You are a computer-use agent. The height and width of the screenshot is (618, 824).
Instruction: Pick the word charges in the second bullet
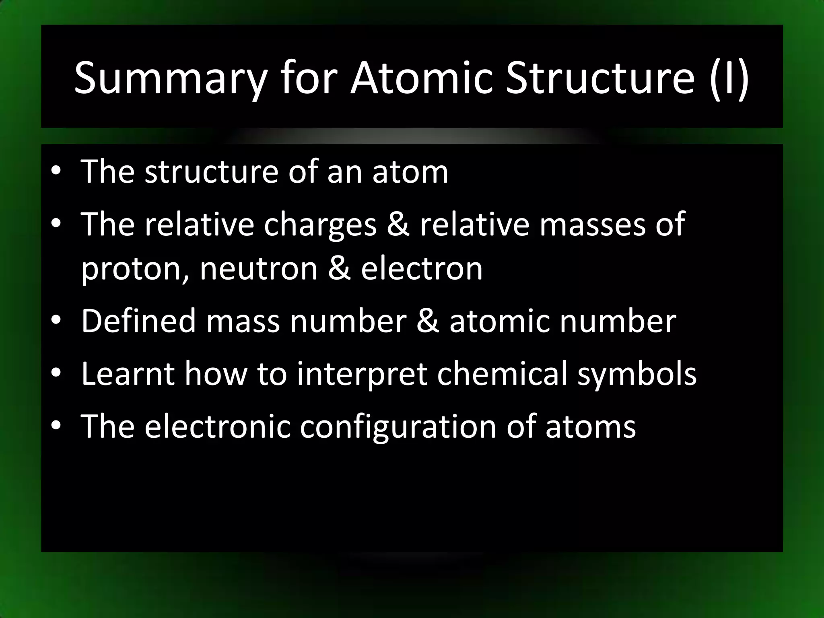(x=320, y=225)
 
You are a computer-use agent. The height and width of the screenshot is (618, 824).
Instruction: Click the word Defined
(x=138, y=321)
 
